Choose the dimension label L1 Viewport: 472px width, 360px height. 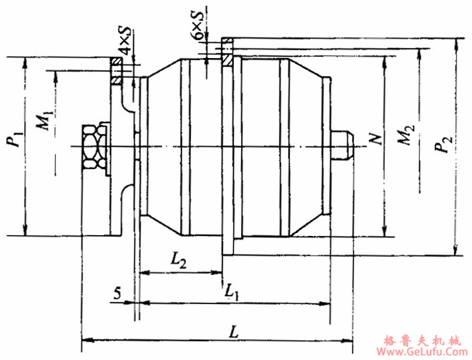pos(232,291)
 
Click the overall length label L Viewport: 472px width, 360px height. pos(233,331)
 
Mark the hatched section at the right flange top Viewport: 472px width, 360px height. pos(227,52)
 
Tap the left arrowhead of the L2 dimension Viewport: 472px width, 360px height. pos(142,273)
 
